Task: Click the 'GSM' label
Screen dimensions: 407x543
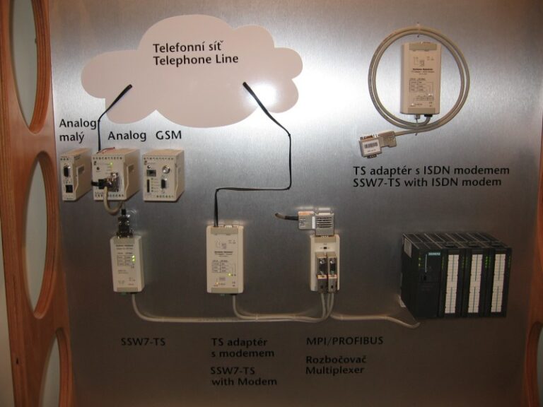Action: pyautogui.click(x=168, y=135)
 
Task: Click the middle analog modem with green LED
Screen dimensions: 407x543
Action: pyautogui.click(x=117, y=174)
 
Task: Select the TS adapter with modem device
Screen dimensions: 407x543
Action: pyautogui.click(x=225, y=259)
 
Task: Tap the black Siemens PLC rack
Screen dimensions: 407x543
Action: pyautogui.click(x=455, y=274)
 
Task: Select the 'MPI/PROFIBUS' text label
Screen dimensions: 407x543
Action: pyautogui.click(x=344, y=341)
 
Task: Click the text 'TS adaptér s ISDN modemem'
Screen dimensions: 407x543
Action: pyautogui.click(x=431, y=170)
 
